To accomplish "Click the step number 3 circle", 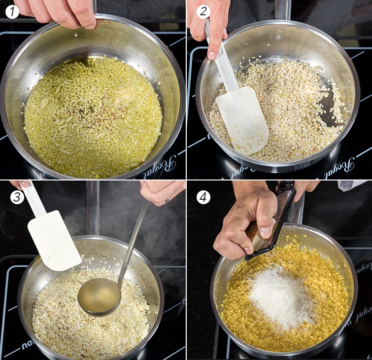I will click(x=17, y=197).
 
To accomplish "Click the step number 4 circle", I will click(x=203, y=197).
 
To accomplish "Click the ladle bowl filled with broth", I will click(x=100, y=296).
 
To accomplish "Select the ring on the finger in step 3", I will click(x=168, y=200).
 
